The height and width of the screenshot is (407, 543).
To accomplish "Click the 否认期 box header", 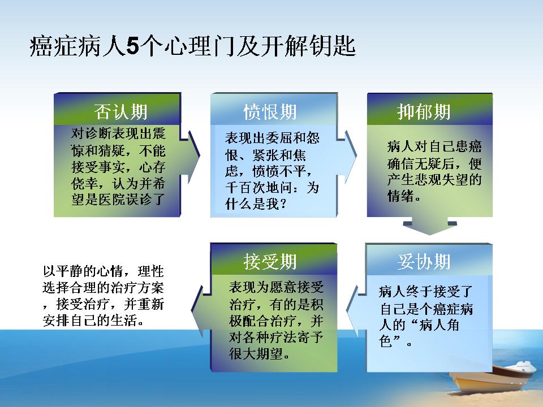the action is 120,112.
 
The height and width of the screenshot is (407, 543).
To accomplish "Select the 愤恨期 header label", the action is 270,112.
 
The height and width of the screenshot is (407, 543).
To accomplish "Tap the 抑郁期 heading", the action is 424,112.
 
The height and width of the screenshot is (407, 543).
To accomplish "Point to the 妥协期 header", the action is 424,261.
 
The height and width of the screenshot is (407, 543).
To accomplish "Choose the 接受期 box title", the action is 270,261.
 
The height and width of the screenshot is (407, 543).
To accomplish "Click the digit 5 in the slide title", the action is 132,46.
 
